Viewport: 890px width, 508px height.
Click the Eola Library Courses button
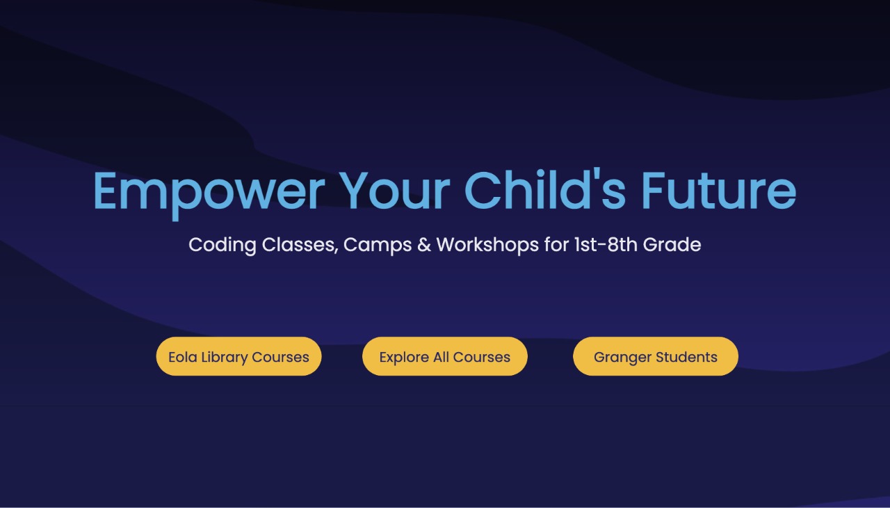[238, 356]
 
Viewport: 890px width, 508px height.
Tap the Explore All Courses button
[444, 356]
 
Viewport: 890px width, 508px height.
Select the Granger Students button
[656, 356]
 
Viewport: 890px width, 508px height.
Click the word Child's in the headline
[544, 189]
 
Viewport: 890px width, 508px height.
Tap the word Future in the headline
[719, 190]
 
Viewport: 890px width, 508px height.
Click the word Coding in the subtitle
[222, 245]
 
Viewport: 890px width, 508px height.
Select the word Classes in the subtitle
[300, 245]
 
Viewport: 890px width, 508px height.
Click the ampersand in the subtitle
[424, 245]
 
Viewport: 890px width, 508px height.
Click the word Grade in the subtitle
[672, 245]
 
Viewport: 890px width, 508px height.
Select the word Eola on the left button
[183, 357]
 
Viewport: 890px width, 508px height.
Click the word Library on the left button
[224, 358]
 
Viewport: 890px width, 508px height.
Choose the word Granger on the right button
[622, 358]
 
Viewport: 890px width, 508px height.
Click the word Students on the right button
[686, 357]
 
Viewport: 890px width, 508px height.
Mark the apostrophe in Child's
[597, 174]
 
